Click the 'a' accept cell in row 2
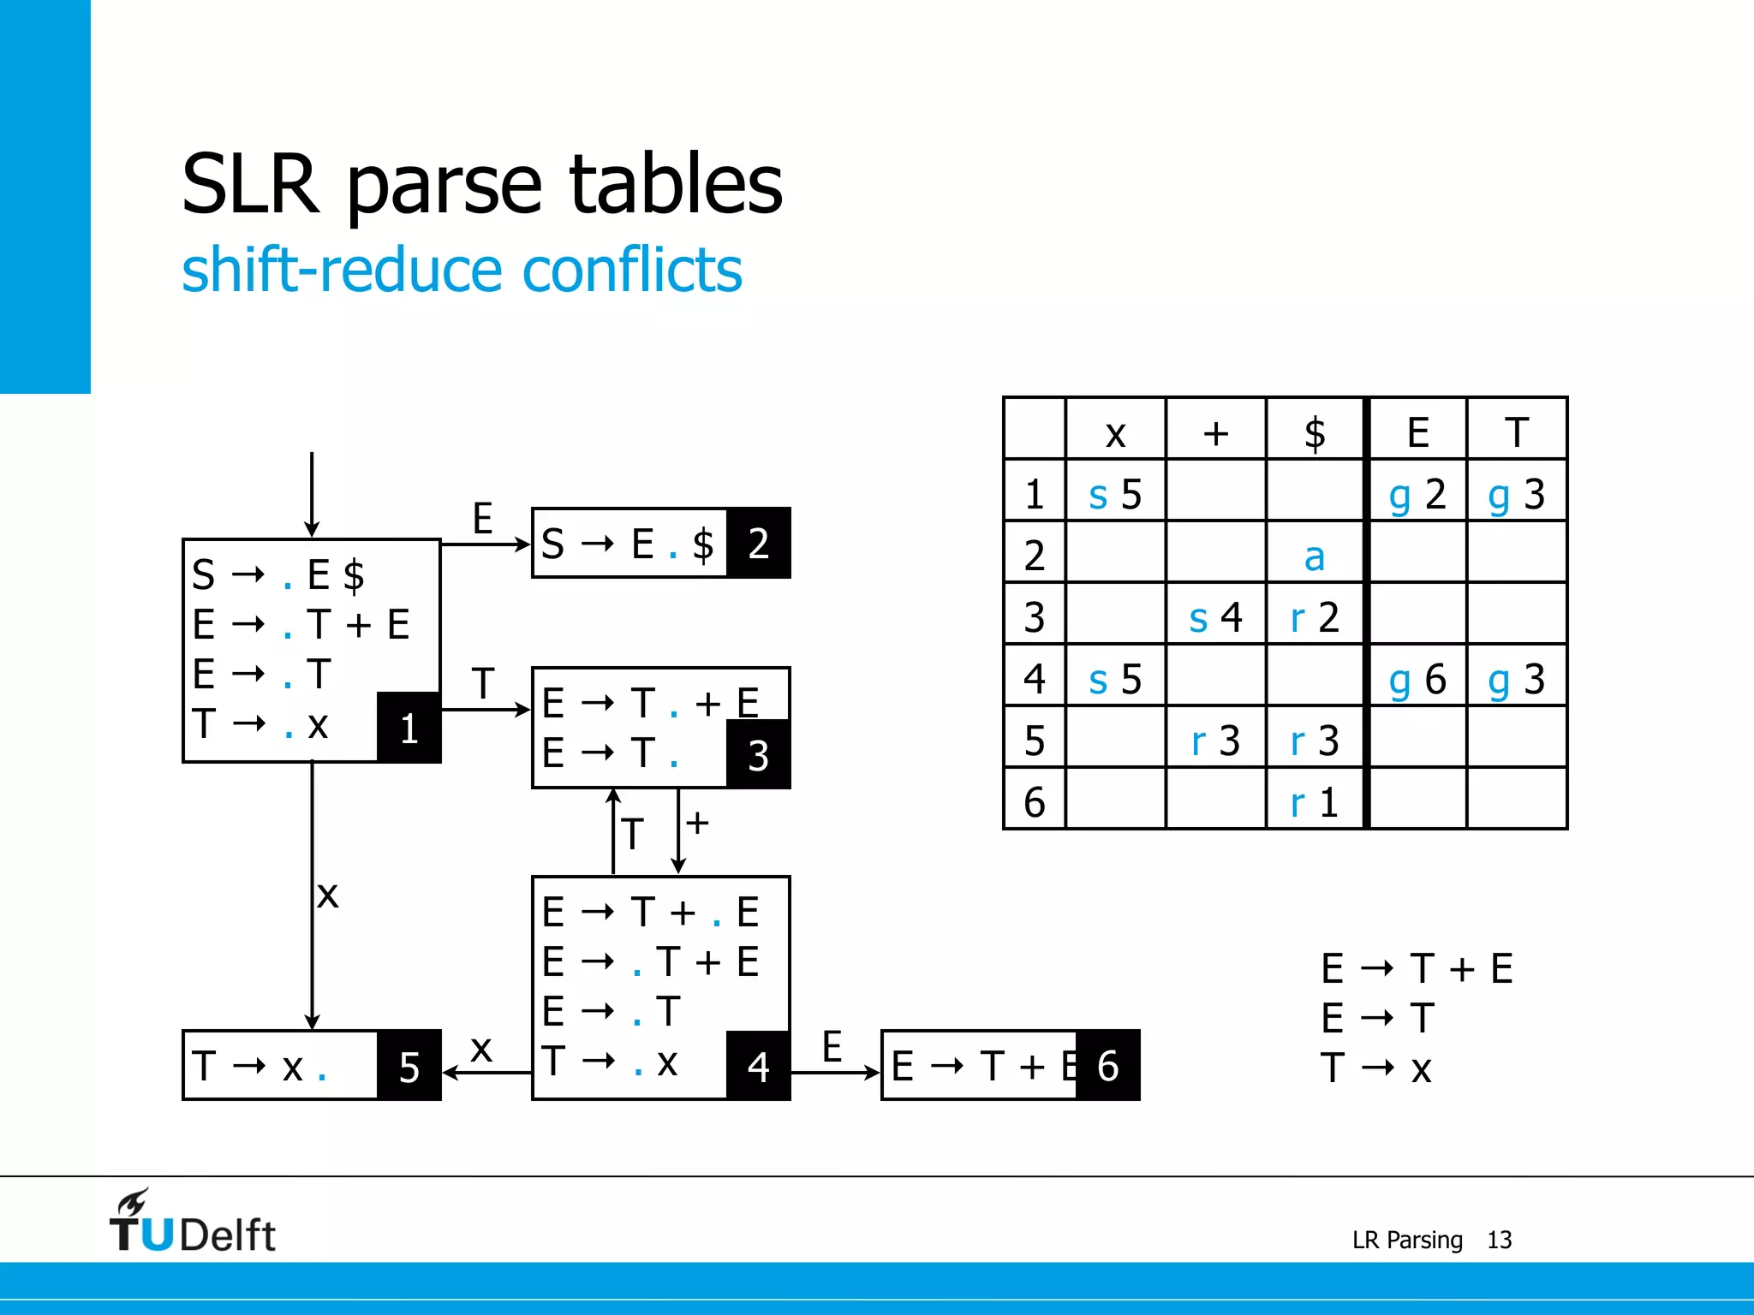(1314, 556)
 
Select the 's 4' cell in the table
(1215, 616)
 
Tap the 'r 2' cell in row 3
(1314, 616)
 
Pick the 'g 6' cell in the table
(1417, 679)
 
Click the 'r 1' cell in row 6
(1314, 802)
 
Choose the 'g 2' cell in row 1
(1417, 494)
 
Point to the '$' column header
(1314, 432)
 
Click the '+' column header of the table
(1215, 432)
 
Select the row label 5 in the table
(1035, 741)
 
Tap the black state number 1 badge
(409, 728)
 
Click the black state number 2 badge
(759, 543)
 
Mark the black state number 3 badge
(759, 754)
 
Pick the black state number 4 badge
(759, 1066)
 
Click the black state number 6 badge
(1108, 1066)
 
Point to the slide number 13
(1499, 1240)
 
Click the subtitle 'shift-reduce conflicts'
(462, 270)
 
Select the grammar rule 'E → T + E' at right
(1417, 968)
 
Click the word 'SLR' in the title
(250, 184)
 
